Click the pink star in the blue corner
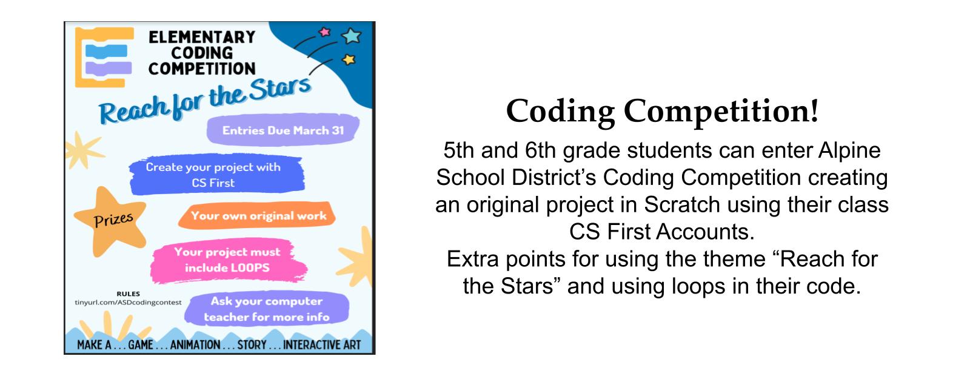324,32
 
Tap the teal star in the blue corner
351,36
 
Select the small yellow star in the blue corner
349,59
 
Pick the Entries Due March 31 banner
283,130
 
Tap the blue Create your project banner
216,174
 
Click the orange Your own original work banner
257,215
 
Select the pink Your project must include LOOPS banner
228,260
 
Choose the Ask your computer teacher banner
267,309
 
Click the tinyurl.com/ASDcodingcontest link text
128,303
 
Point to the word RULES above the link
128,294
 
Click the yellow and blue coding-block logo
104,57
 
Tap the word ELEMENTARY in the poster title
202,37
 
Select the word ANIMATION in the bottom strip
195,345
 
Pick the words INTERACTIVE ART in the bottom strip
322,345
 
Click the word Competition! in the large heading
721,112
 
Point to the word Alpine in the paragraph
849,151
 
